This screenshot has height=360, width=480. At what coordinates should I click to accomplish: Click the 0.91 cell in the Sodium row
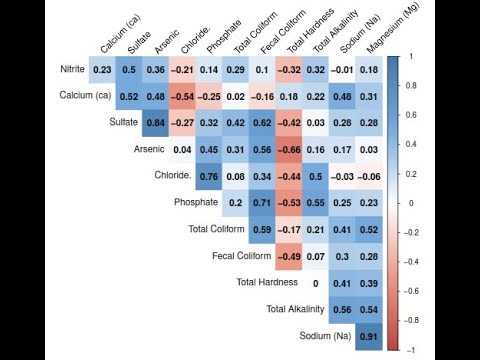point(369,335)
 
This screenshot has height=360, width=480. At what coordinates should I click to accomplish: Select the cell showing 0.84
point(155,123)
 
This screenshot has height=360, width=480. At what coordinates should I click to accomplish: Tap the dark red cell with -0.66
point(289,150)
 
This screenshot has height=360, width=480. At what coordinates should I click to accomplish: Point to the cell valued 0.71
point(262,203)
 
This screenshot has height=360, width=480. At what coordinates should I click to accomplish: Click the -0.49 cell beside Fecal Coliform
point(289,256)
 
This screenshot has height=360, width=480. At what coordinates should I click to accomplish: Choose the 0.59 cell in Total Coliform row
point(262,230)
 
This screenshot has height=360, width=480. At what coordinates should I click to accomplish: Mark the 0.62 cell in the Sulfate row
point(262,123)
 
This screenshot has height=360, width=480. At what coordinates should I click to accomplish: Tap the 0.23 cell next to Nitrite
point(101,70)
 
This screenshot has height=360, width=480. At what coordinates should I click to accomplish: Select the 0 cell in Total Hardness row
point(315,283)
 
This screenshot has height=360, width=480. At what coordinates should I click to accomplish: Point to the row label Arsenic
point(148,150)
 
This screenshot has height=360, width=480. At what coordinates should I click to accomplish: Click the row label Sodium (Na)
point(325,335)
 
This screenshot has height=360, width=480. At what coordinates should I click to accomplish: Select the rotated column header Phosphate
point(222,38)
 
